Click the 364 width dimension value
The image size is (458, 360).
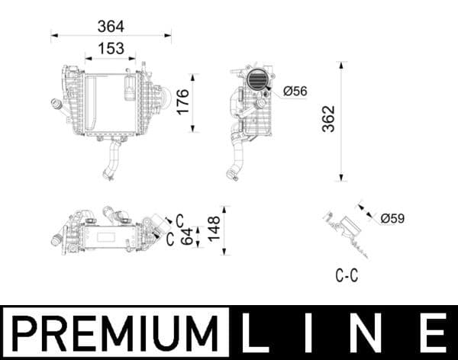tap(111, 26)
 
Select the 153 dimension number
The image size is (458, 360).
tap(111, 48)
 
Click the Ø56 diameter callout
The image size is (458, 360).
tap(295, 91)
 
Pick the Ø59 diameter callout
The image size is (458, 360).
tap(392, 218)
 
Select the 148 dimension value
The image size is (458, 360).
tap(214, 226)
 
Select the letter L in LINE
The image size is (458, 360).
tap(257, 333)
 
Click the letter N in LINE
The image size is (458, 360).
tap(372, 333)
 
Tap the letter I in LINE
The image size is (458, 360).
tap(314, 333)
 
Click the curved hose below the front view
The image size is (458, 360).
tap(112, 159)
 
